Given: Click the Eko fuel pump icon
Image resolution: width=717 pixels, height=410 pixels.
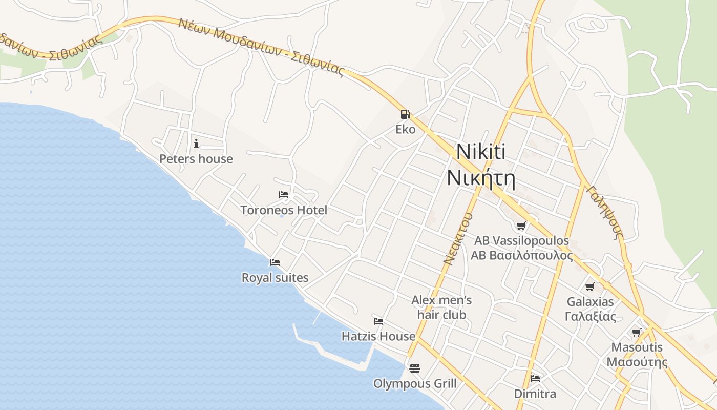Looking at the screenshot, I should pyautogui.click(x=405, y=114).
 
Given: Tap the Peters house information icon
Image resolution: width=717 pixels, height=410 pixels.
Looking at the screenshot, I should pyautogui.click(x=196, y=143).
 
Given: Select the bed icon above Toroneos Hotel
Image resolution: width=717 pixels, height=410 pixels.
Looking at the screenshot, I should pyautogui.click(x=284, y=195).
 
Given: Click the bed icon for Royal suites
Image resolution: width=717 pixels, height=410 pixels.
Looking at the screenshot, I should pyautogui.click(x=275, y=262).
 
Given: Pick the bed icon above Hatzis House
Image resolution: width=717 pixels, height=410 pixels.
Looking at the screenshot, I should pyautogui.click(x=378, y=321).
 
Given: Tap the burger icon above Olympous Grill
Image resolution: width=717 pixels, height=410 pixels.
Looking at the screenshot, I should pyautogui.click(x=414, y=368).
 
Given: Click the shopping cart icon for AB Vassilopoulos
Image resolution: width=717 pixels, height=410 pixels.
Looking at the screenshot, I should pyautogui.click(x=521, y=225).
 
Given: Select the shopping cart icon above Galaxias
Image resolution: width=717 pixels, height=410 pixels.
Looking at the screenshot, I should pyautogui.click(x=590, y=286).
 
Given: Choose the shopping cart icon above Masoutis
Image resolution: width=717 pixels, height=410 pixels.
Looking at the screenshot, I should pyautogui.click(x=636, y=333).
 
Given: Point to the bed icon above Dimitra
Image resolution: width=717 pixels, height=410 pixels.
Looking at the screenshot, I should pyautogui.click(x=535, y=379).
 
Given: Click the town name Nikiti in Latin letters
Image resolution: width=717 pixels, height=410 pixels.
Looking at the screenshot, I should pyautogui.click(x=480, y=152).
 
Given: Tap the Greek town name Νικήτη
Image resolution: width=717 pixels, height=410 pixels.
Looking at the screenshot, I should pyautogui.click(x=480, y=178).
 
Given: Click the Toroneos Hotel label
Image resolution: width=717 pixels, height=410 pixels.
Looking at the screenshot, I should pyautogui.click(x=284, y=210).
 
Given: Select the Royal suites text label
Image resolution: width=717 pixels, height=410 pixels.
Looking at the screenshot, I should pyautogui.click(x=275, y=278).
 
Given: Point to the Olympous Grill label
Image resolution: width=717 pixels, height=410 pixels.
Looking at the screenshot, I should pyautogui.click(x=415, y=383).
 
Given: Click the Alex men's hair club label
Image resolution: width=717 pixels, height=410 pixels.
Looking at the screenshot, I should pyautogui.click(x=441, y=307).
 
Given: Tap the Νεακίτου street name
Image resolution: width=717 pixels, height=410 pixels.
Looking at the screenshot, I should pyautogui.click(x=457, y=238).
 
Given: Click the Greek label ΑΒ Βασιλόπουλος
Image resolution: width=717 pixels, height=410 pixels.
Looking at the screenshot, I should pyautogui.click(x=521, y=255).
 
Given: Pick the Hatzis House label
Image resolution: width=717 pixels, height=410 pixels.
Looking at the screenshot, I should pyautogui.click(x=378, y=336).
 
